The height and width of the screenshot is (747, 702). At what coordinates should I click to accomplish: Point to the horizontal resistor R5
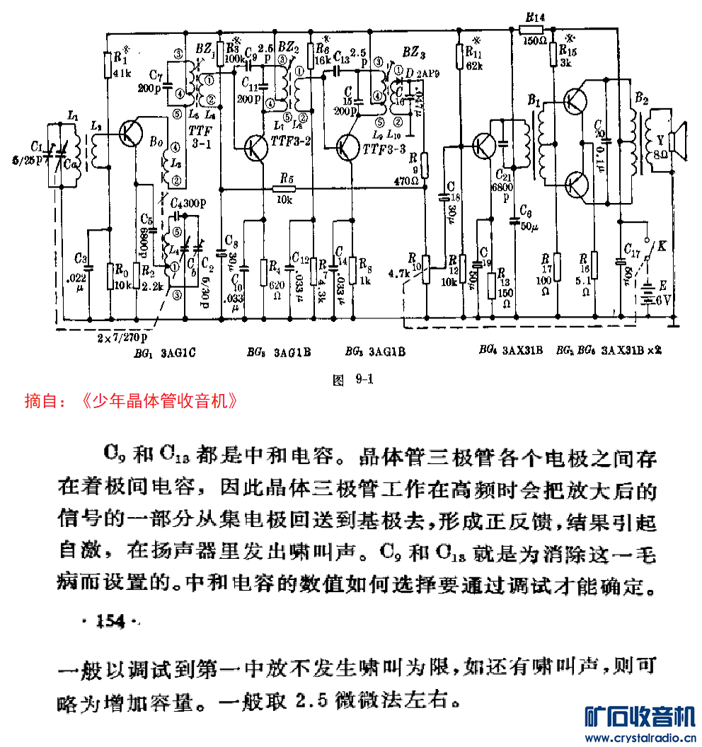285,189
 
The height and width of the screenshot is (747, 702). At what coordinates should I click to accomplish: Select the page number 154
110,622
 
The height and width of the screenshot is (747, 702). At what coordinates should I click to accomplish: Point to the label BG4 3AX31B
509,350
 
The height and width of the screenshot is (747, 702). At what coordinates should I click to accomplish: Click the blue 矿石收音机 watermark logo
640,719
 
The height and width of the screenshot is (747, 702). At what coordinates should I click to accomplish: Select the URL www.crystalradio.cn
640,739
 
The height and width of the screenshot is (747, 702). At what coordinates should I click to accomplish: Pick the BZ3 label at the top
414,51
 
